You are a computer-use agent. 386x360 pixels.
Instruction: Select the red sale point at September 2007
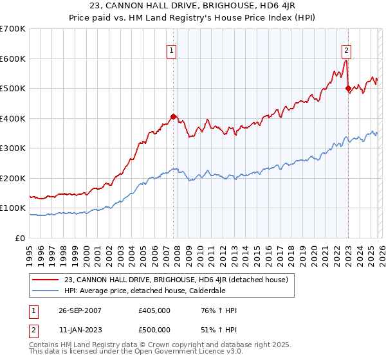pos(173,116)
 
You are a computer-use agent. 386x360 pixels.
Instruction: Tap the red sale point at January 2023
pos(348,88)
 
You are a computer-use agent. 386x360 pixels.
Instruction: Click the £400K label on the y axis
pos(13,118)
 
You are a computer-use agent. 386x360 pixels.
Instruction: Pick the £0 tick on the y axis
pos(20,238)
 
